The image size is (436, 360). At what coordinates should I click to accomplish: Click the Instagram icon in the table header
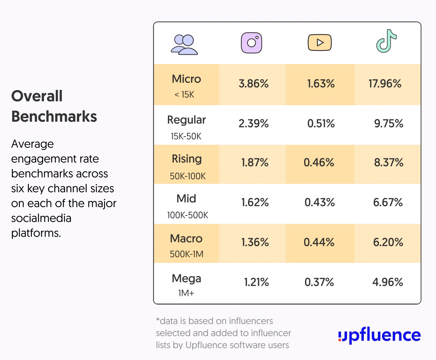(251, 43)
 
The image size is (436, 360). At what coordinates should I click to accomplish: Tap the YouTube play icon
(320, 42)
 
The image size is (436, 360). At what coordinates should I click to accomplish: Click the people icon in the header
(184, 45)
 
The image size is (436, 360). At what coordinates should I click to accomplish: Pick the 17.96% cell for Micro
(385, 84)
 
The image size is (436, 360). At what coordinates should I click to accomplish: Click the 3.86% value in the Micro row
(254, 84)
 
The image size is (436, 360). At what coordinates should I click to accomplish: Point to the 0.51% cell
(321, 123)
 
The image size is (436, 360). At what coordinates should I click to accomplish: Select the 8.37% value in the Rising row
(389, 162)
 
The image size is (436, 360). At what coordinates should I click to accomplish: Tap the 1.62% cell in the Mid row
(255, 202)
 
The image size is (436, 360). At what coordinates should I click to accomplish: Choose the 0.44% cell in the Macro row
(319, 242)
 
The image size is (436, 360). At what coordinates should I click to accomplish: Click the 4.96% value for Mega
(388, 282)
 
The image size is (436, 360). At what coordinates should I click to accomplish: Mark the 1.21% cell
(256, 282)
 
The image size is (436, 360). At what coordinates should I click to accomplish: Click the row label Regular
(186, 120)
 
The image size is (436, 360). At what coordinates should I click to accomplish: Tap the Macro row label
(186, 238)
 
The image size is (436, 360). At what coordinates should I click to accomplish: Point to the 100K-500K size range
(187, 215)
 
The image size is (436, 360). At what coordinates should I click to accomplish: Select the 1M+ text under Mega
(186, 293)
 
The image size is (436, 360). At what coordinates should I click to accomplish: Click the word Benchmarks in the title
(54, 116)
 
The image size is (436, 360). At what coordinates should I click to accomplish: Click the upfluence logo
(379, 335)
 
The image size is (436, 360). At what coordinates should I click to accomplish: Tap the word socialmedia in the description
(41, 218)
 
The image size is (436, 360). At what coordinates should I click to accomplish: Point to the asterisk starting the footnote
(158, 319)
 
